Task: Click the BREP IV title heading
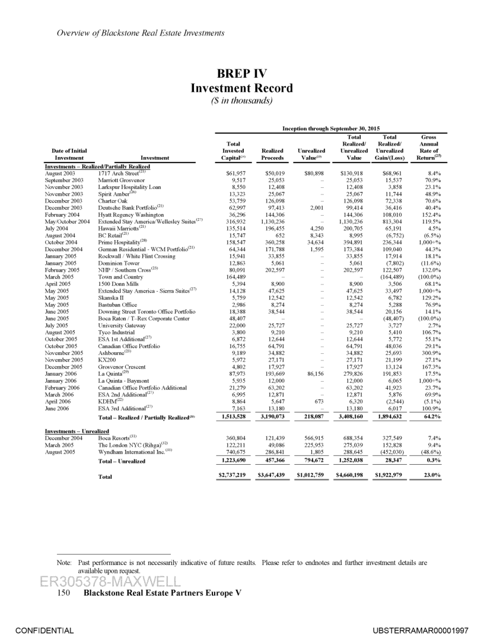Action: [x=241, y=74]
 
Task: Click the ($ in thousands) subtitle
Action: [x=241, y=101]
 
